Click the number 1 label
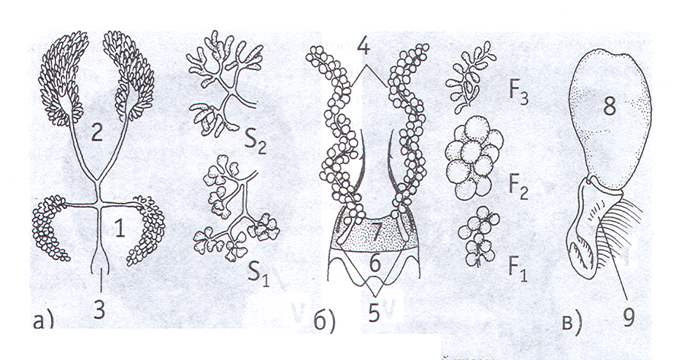[120, 229]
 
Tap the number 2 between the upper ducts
[97, 132]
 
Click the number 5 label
[373, 313]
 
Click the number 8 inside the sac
[610, 106]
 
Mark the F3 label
[518, 95]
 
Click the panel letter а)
[43, 321]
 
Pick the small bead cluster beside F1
[477, 237]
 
